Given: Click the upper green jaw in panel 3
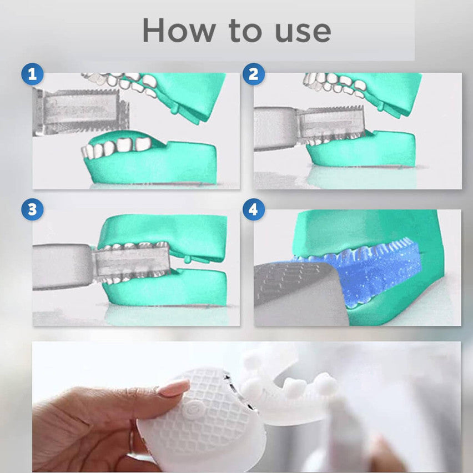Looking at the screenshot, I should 167,228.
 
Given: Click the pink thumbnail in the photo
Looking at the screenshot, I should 173,388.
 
